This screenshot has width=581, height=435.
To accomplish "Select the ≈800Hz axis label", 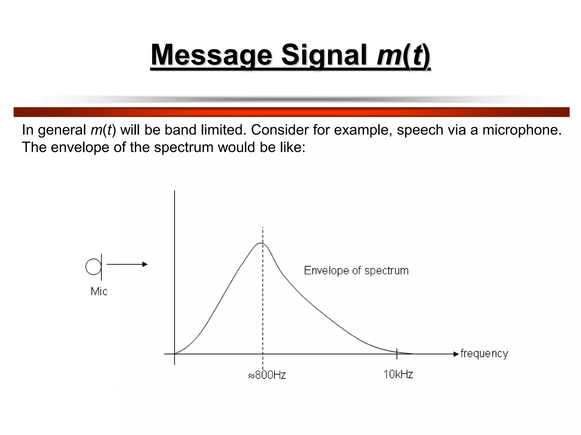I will click(267, 375).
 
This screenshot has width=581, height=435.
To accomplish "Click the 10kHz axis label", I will click(398, 374).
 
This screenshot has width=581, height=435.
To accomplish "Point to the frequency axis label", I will click(484, 353).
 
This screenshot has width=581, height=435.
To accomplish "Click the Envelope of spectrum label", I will click(356, 270).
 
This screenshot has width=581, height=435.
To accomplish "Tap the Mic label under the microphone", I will click(99, 291).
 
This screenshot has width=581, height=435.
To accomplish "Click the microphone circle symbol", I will click(93, 267).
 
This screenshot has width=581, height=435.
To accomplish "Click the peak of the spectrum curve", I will click(261, 243).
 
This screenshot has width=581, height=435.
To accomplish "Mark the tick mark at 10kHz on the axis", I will click(397, 353).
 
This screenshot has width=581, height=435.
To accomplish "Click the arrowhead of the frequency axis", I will click(456, 354).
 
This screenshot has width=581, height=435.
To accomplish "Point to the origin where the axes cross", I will click(174, 354).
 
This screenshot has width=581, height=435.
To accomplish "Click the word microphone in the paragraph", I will click(522, 130).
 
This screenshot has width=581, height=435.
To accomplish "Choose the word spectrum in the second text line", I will click(184, 147).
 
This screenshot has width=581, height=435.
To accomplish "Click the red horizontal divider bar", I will click(291, 112).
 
